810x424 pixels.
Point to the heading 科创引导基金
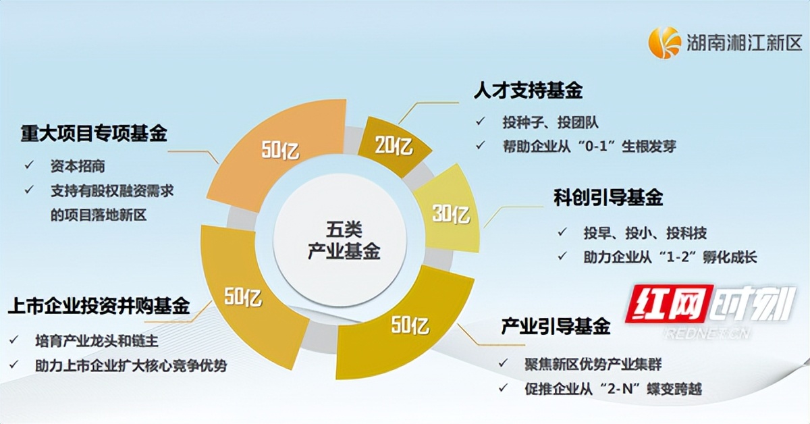pos(608,197)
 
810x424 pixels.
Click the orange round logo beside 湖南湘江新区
pos(665,43)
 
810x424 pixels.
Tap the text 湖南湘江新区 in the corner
pos(744,43)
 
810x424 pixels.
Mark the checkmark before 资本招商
pos(30,165)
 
